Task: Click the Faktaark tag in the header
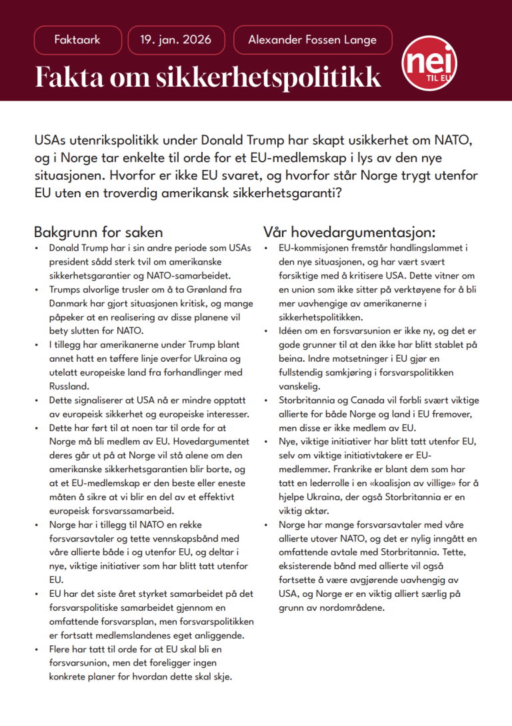[77, 40]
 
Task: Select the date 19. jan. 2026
[176, 40]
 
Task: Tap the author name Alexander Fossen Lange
[312, 40]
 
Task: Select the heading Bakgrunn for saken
[98, 232]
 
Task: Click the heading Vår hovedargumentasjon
[349, 232]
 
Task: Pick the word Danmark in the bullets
[71, 303]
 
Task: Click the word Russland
[70, 386]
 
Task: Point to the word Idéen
[292, 330]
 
